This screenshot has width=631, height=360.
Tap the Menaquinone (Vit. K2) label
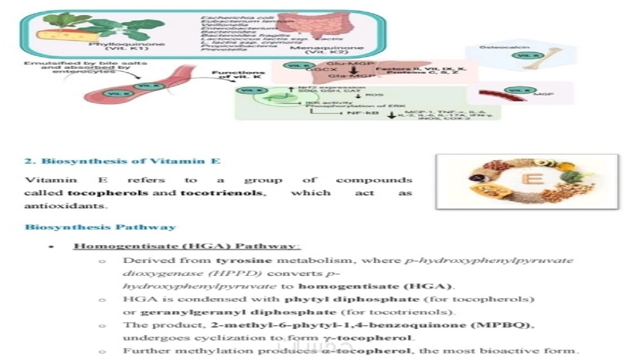(326, 50)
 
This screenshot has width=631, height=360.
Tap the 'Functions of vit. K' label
(238, 75)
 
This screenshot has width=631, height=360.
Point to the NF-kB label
(363, 112)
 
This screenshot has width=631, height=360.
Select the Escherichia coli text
(237, 17)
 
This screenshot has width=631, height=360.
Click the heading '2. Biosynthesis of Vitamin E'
(122, 161)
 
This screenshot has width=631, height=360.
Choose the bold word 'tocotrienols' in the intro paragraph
(221, 193)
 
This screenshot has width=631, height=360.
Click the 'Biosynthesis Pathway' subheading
(100, 227)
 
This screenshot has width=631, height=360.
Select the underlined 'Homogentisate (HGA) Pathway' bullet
(187, 246)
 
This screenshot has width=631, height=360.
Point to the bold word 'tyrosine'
(244, 261)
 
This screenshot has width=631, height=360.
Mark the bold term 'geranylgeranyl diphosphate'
(238, 312)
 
